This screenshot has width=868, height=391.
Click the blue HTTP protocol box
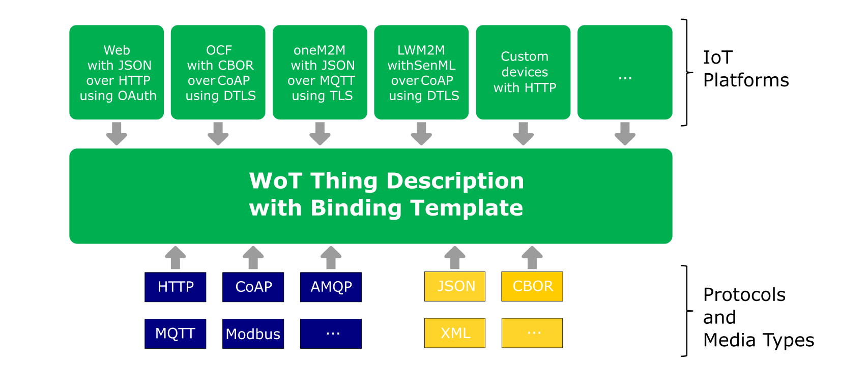click(176, 287)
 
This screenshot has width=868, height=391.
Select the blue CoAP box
click(253, 287)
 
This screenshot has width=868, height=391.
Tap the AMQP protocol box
click(331, 287)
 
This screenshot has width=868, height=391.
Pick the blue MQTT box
click(176, 334)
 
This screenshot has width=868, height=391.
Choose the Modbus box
click(253, 334)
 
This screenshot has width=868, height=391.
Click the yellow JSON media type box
click(455, 286)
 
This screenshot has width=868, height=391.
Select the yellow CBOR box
click(532, 286)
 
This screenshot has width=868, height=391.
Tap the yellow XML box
click(455, 333)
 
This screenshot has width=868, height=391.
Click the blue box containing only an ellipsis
click(331, 334)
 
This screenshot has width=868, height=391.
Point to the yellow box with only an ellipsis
click(532, 333)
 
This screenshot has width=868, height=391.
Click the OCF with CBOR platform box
click(218, 73)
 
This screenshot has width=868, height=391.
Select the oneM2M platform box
click(320, 73)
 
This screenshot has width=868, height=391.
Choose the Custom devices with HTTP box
click(524, 73)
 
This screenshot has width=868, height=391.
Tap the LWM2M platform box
click(422, 73)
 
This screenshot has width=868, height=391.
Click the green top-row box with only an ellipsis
click(625, 73)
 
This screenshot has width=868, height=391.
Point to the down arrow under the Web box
click(117, 134)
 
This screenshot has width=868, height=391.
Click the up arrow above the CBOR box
click(532, 257)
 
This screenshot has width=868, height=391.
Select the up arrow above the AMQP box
click(331, 257)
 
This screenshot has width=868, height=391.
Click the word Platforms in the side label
click(746, 80)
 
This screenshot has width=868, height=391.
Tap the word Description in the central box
click(455, 181)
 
